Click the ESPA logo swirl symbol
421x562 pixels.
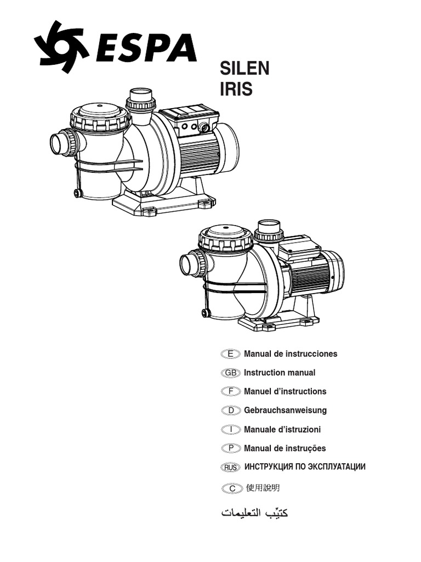click(61, 47)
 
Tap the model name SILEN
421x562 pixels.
click(244, 69)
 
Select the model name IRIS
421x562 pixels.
click(236, 89)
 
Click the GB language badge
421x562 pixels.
click(230, 373)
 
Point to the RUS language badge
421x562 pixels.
click(230, 467)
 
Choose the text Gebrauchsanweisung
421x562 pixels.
click(285, 411)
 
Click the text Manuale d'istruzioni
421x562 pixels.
click(282, 429)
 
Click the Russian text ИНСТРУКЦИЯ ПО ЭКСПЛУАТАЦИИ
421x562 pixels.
click(304, 467)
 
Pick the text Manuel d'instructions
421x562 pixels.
click(285, 391)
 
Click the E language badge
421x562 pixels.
click(230, 354)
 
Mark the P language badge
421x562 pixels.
click(230, 448)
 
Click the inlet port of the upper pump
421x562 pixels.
click(60, 143)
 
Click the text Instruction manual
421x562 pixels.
click(280, 373)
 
